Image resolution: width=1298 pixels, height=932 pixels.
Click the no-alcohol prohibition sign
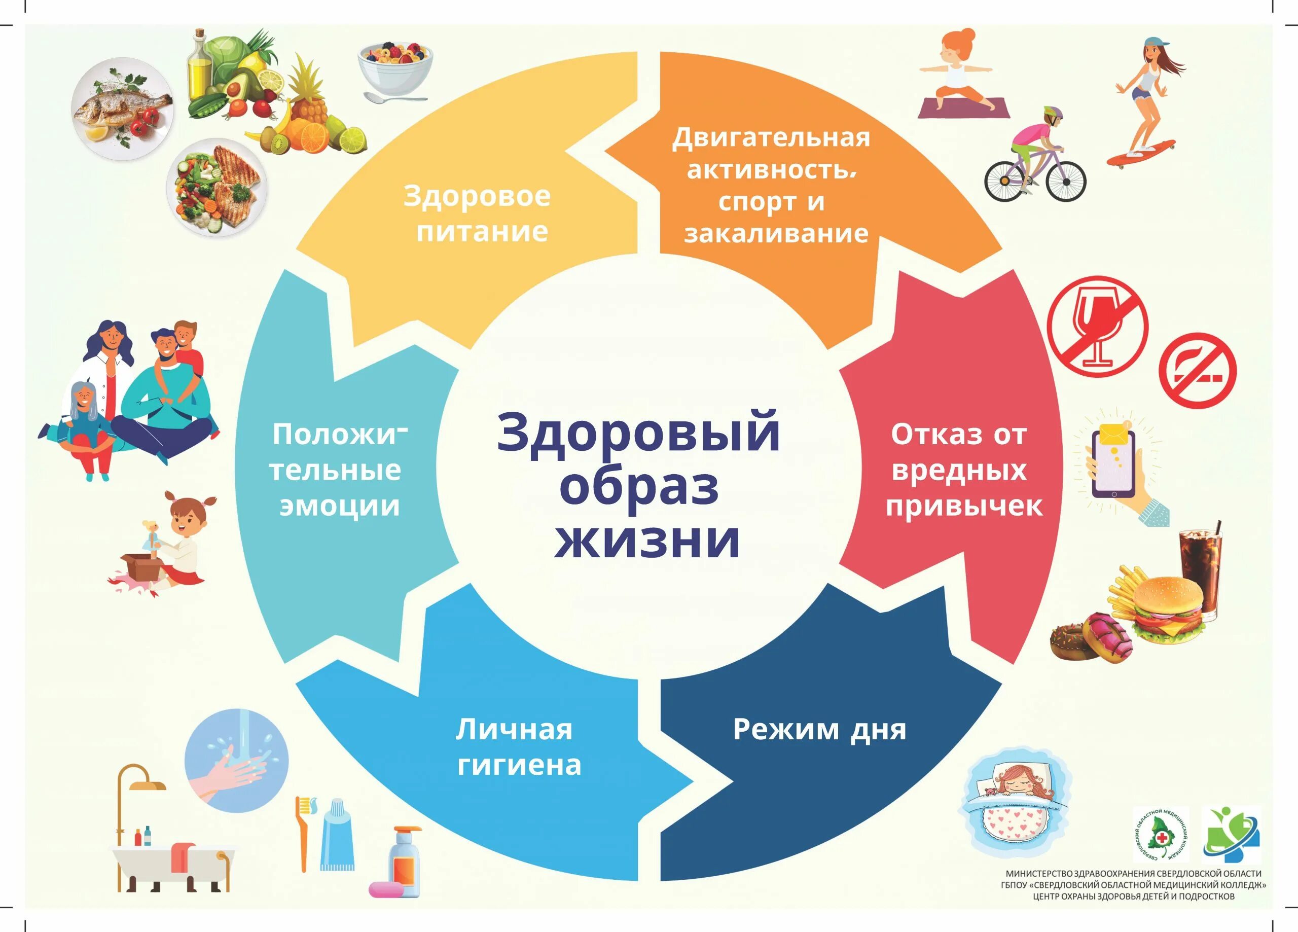[x=1098, y=327]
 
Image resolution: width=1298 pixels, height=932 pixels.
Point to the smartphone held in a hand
[x=1113, y=463]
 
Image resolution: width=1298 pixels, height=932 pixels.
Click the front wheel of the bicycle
[x=1066, y=181]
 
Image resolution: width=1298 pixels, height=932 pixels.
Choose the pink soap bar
[x=387, y=889]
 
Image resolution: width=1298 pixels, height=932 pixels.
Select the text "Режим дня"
[x=819, y=730]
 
